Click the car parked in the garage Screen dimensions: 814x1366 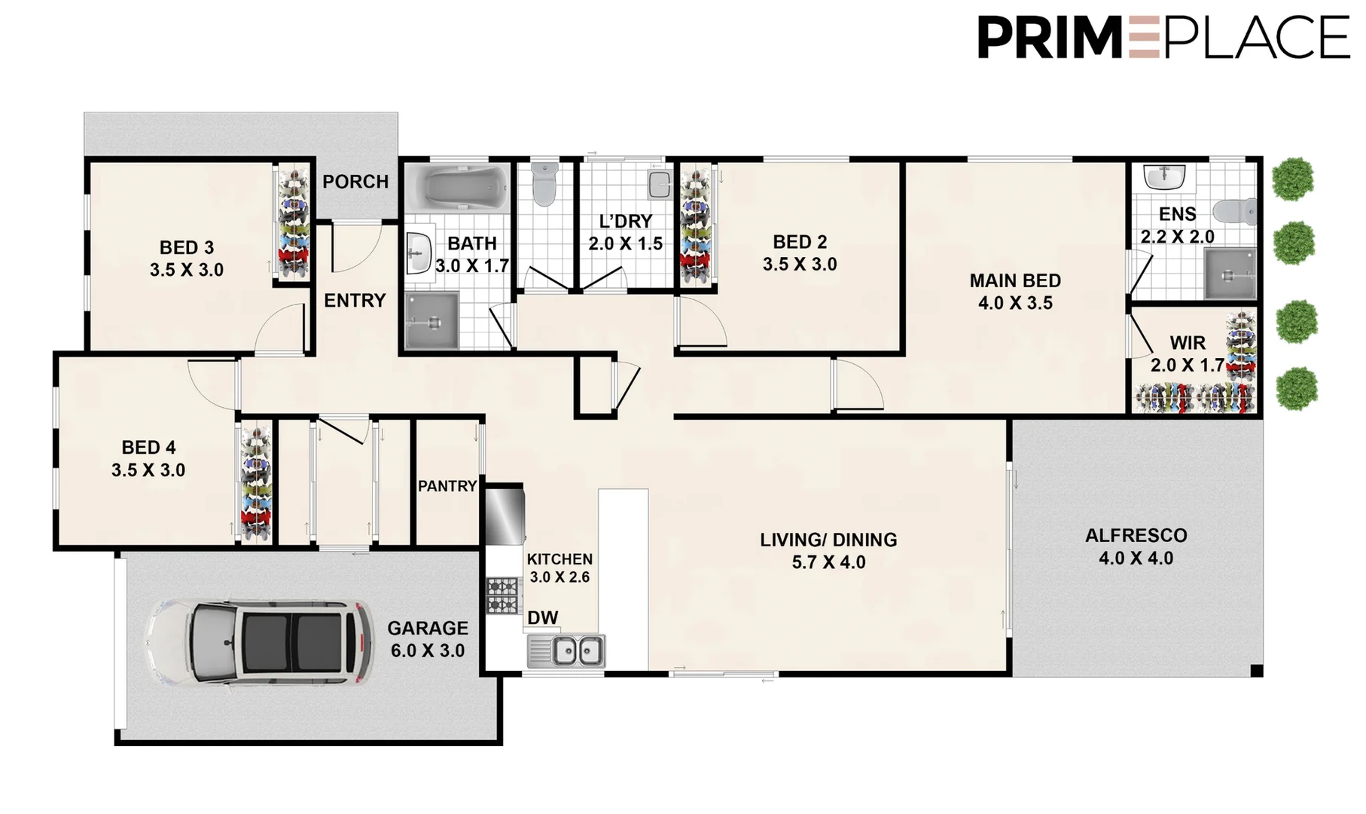[260, 642]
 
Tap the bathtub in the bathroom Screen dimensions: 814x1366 [457, 187]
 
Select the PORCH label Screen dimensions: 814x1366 [355, 182]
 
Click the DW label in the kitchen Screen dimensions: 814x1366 [542, 618]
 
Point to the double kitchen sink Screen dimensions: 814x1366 [578, 650]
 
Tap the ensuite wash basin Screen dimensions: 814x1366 [1163, 177]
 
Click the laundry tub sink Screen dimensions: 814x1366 [659, 184]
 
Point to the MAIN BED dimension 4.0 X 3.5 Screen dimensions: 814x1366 [1015, 303]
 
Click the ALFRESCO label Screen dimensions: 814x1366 [1136, 536]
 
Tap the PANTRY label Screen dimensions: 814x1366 [447, 486]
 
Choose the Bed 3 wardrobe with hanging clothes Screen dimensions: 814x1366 [294, 222]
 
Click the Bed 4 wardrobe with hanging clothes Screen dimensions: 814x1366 [255, 482]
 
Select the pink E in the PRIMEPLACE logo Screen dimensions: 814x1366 [1144, 38]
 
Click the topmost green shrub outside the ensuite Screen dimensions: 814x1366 [1292, 179]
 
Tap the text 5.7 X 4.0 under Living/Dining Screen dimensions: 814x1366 [828, 562]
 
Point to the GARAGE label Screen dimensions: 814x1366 [427, 628]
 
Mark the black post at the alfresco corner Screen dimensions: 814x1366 [1256, 670]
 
